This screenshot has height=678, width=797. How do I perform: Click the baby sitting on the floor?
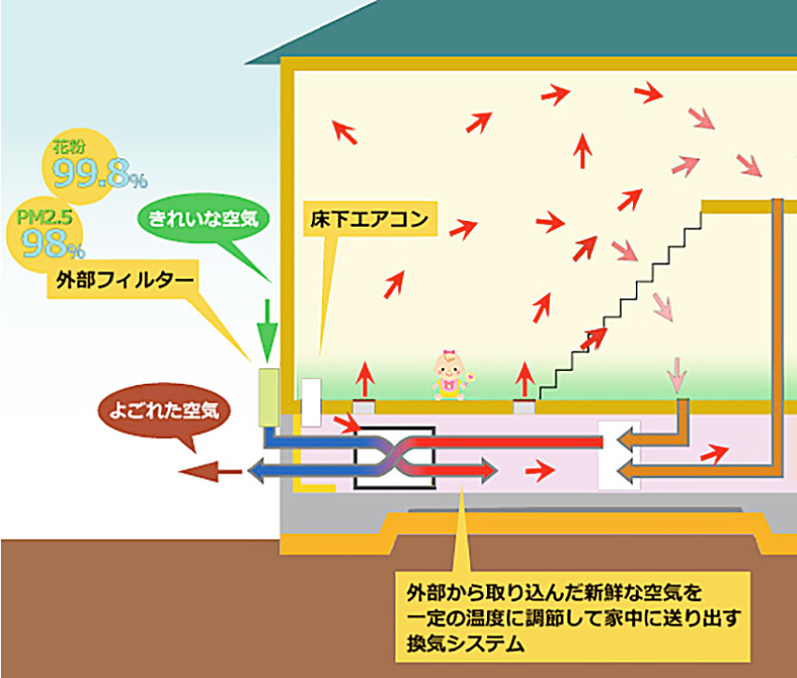[x=450, y=376]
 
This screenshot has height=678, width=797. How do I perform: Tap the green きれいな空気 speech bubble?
[x=205, y=217]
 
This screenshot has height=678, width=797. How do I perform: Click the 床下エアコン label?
[x=368, y=221]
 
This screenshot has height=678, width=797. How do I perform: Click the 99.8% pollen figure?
[x=96, y=170]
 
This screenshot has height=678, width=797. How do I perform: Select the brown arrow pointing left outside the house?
[x=210, y=470]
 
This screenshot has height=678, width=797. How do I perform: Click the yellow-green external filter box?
[x=269, y=397]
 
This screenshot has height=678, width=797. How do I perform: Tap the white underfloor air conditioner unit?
[x=311, y=401]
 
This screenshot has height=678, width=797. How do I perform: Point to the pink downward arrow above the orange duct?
[x=675, y=376]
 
